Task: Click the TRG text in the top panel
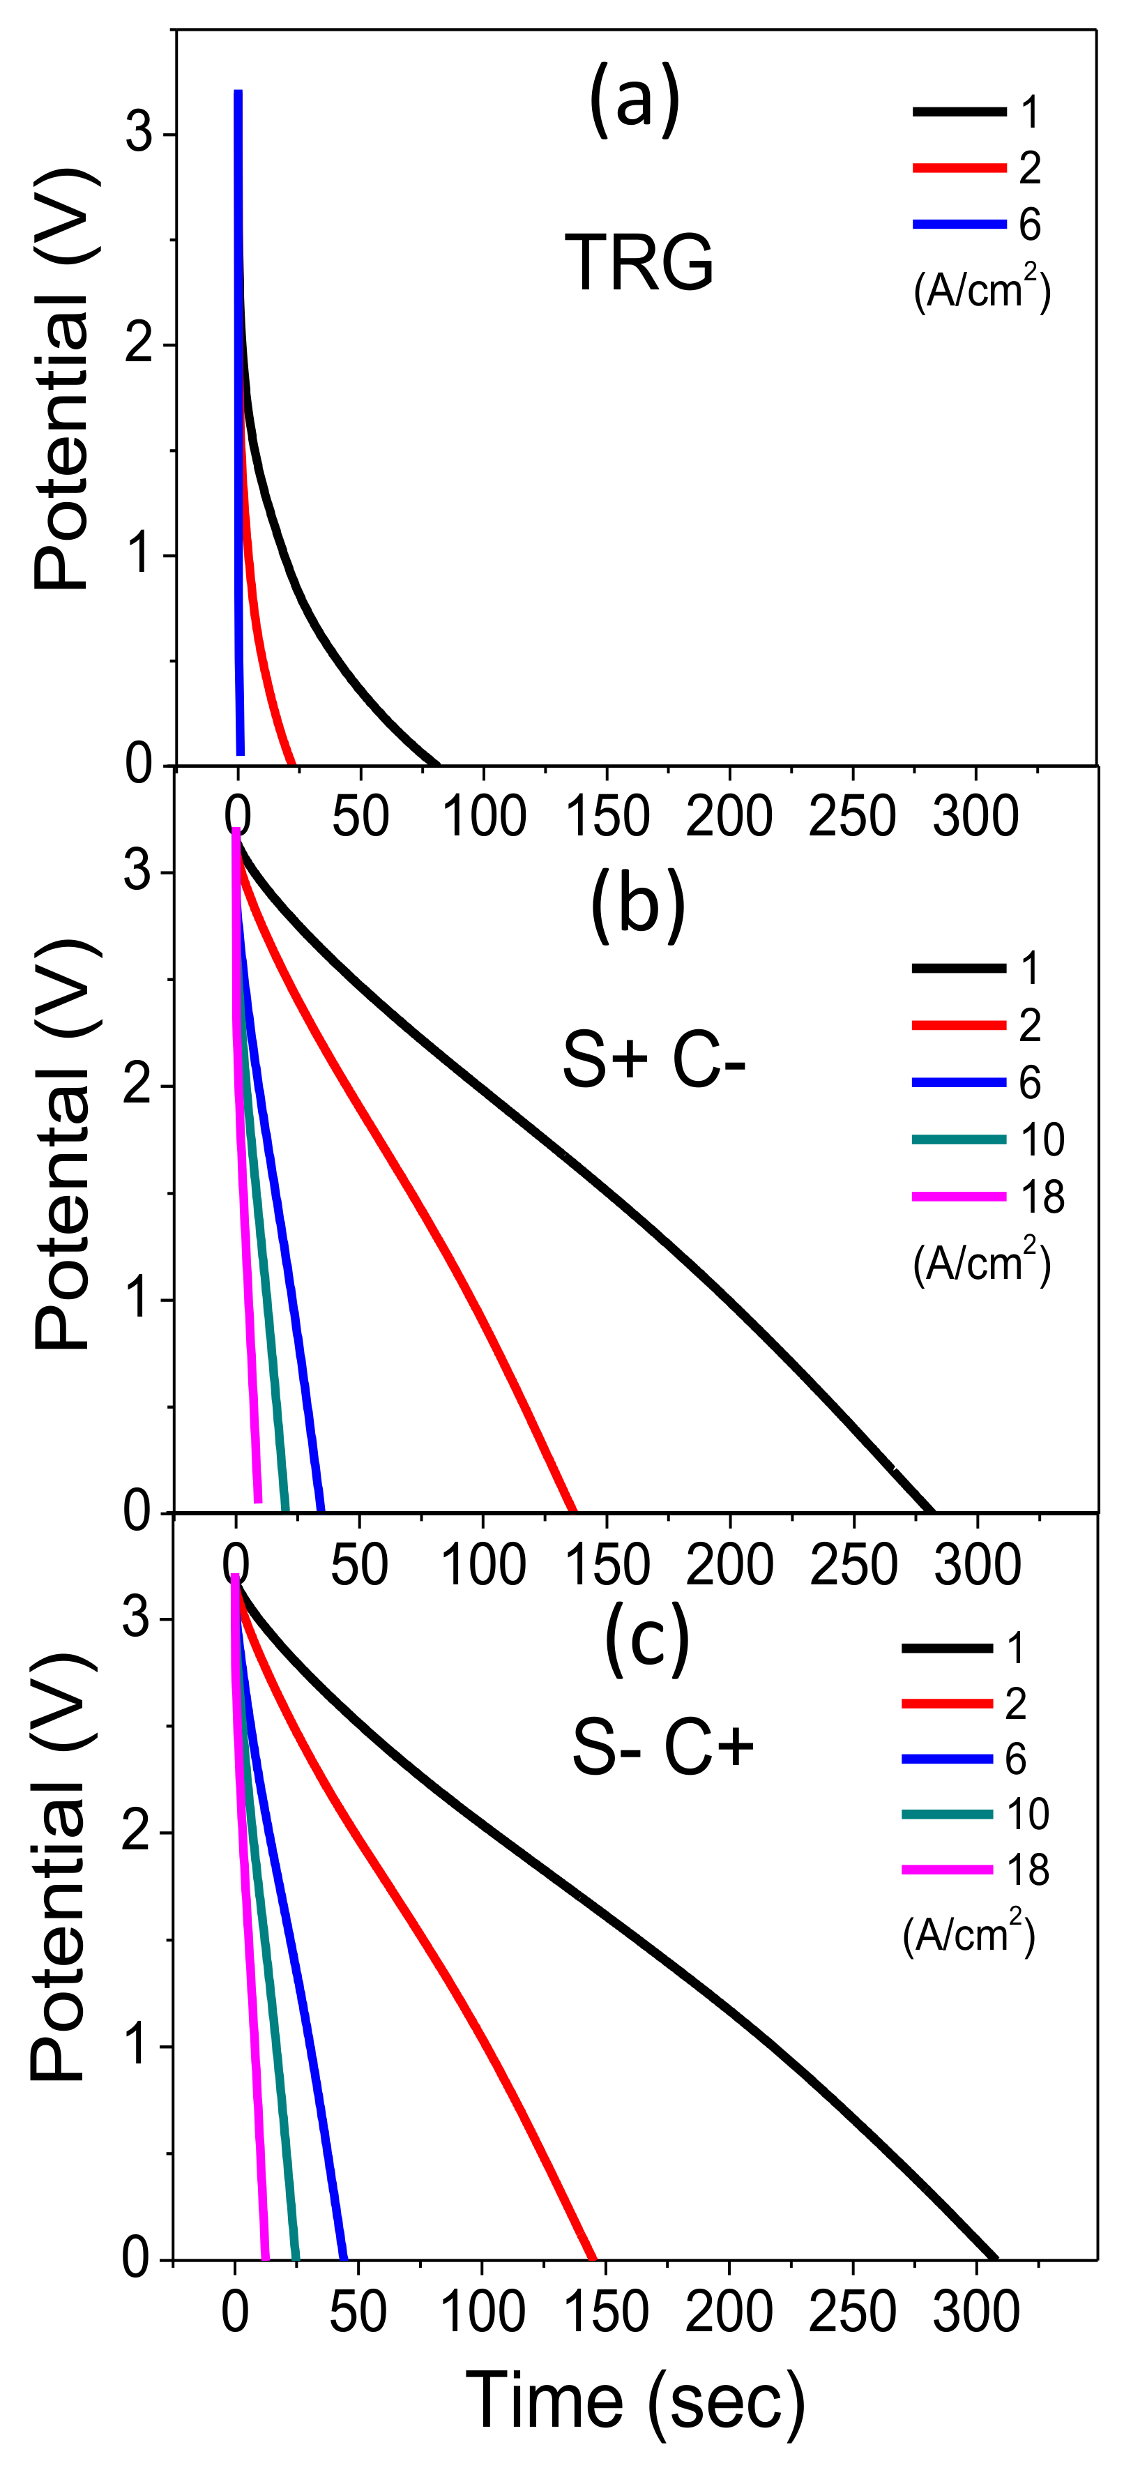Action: point(639,263)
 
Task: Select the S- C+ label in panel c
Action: point(662,1746)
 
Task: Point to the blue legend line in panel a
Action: point(958,225)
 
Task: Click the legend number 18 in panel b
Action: point(1042,1197)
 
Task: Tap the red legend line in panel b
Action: point(958,1026)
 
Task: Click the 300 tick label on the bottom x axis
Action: point(976,2312)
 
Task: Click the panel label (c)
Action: point(646,1642)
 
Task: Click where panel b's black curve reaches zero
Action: point(932,1511)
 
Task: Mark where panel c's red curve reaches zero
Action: point(593,2257)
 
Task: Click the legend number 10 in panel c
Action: point(1027,1814)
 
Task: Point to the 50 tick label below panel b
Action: point(360,1565)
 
